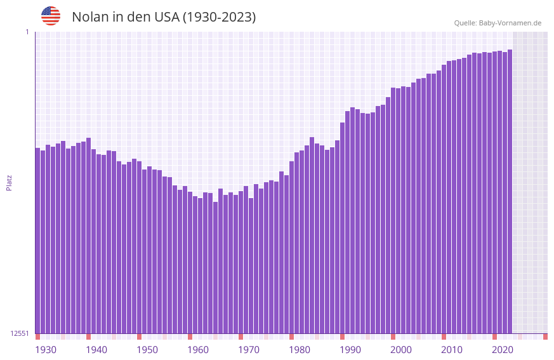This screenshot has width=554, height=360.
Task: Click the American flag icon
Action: tap(51, 16)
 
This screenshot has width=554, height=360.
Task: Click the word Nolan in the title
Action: tap(89, 17)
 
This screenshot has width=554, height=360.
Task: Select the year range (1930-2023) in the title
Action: tap(219, 17)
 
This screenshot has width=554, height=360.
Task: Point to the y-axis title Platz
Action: tap(9, 182)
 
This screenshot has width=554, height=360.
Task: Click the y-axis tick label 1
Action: tap(27, 32)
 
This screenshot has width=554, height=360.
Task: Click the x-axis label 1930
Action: tap(46, 350)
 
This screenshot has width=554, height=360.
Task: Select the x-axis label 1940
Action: tap(96, 350)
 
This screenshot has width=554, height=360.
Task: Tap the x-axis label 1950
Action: tap(147, 350)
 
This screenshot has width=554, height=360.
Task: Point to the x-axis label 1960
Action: tap(198, 350)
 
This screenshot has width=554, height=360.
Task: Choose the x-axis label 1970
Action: tap(249, 350)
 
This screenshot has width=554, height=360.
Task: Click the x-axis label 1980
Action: tap(300, 350)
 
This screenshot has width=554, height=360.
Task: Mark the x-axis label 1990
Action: tap(350, 350)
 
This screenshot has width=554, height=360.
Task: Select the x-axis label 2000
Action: tap(401, 350)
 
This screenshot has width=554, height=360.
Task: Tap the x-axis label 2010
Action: tap(452, 350)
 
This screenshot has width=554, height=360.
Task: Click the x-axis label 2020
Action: tap(503, 350)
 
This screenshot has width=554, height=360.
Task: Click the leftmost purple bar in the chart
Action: tap(37, 241)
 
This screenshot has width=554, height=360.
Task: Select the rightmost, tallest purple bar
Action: tap(510, 190)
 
